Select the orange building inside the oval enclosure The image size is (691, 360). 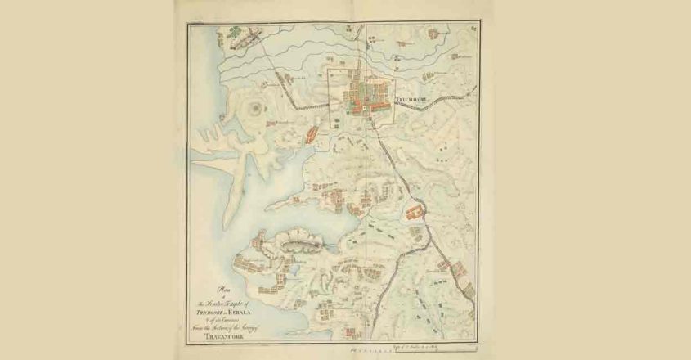pos(412,214)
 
